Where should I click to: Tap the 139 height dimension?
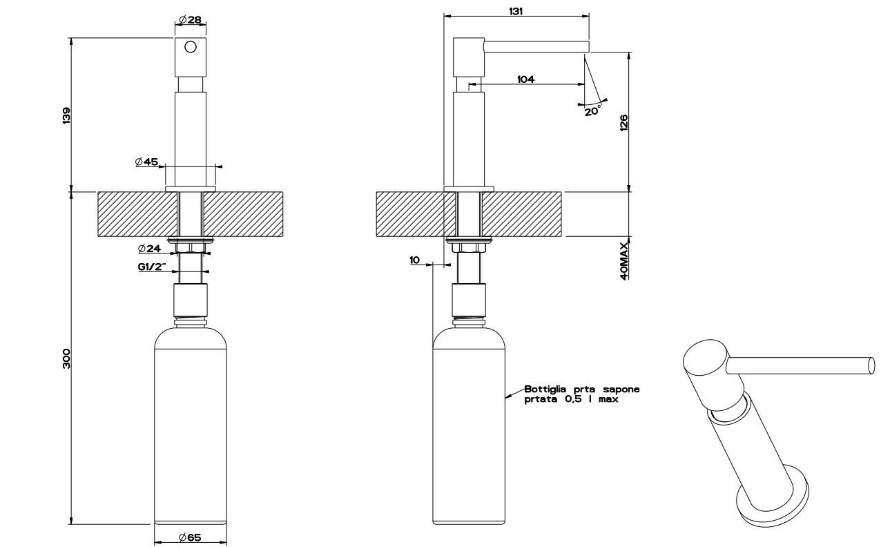click(66, 115)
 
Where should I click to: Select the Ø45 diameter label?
click(146, 162)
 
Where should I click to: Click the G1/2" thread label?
click(152, 267)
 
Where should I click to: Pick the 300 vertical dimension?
click(66, 358)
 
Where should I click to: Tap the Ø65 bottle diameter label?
click(189, 537)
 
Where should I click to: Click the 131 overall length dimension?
click(515, 11)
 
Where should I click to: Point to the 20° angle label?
click(592, 111)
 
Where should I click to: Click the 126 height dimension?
click(623, 123)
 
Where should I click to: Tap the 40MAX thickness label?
click(623, 260)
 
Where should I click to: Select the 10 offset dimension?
click(414, 260)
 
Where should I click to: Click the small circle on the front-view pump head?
click(191, 47)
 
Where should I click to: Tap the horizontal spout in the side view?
click(535, 46)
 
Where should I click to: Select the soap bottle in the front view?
click(190, 428)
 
